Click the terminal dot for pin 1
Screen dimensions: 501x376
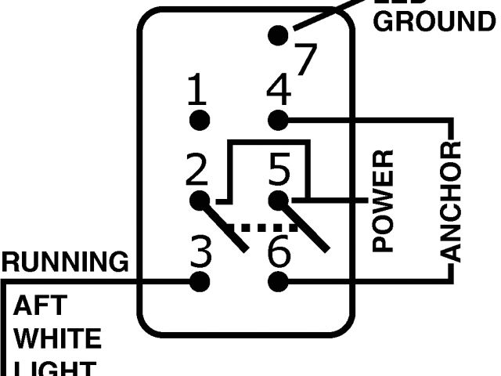coord(200,120)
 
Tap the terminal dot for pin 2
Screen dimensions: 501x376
coord(200,200)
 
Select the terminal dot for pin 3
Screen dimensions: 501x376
coord(200,280)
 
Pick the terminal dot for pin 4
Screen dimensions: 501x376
coord(278,120)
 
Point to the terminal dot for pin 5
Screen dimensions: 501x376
coord(278,200)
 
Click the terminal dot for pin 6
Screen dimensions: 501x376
coord(278,280)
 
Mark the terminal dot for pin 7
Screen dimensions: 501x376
coord(278,34)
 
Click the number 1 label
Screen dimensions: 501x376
coord(198,91)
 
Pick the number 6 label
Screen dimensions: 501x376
coord(279,251)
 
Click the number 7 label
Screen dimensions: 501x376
coord(306,59)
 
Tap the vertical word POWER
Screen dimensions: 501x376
coord(383,201)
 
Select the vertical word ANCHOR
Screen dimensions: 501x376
coord(452,201)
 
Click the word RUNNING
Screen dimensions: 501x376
coord(65,260)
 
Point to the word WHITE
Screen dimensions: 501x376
coord(58,340)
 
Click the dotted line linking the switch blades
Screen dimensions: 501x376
coord(266,227)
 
